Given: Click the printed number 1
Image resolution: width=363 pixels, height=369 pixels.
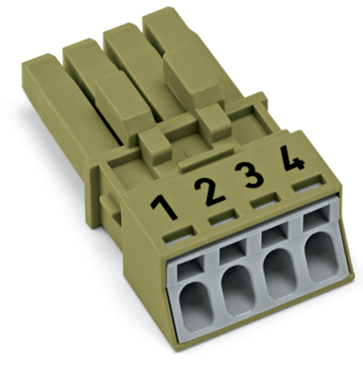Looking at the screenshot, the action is tap(165, 206).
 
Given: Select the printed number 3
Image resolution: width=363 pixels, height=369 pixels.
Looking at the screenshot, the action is tap(249, 175).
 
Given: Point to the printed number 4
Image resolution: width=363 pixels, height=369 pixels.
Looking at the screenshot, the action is tap(293, 158).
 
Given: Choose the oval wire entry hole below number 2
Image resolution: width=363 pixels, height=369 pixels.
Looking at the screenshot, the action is tap(238, 290).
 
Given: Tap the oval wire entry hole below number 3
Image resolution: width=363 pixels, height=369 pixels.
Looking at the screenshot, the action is tap(280, 274).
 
